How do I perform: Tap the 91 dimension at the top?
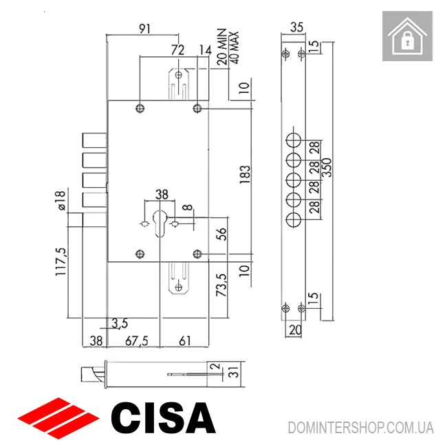tap(144, 28)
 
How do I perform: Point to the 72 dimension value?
tap(178, 50)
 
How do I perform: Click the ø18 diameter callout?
tap(60, 201)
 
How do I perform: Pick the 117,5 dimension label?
tap(60, 261)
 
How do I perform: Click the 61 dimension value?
tap(186, 340)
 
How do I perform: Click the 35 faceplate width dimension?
tap(297, 28)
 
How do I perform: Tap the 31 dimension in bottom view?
tap(233, 373)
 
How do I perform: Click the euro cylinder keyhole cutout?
tap(160, 223)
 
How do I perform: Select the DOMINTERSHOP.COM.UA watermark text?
tap(360, 427)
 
